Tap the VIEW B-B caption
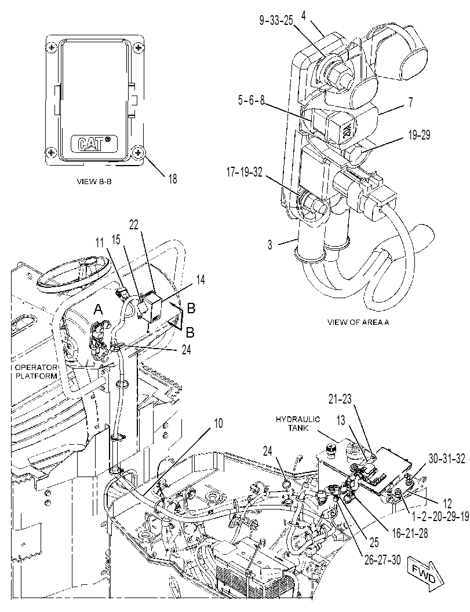click(x=94, y=181)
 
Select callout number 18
click(x=172, y=179)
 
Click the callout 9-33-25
click(x=276, y=20)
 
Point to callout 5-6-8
click(x=251, y=100)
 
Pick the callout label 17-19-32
click(x=245, y=172)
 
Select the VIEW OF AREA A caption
click(x=358, y=323)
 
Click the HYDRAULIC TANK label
click(x=298, y=423)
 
